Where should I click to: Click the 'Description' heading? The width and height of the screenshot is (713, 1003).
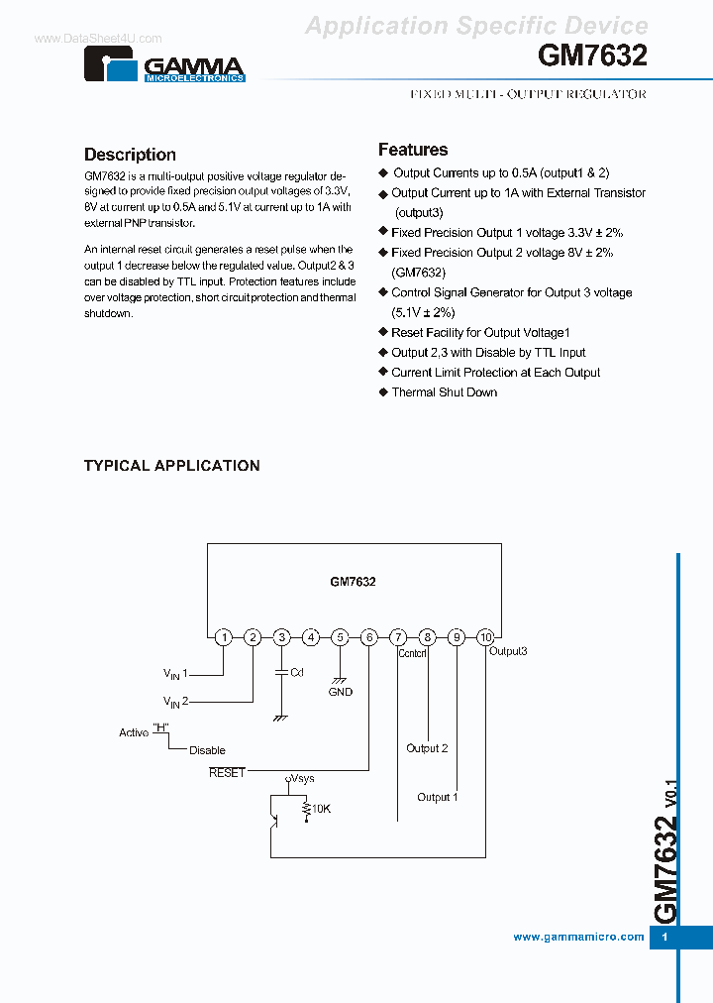(130, 155)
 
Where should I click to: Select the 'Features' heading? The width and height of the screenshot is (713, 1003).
(413, 150)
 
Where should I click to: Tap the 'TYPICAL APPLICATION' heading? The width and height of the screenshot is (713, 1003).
(171, 465)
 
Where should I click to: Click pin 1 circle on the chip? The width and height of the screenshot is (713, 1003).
(224, 637)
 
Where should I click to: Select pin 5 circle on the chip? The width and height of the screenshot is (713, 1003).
(340, 637)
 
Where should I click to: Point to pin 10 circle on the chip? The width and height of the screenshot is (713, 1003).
(485, 637)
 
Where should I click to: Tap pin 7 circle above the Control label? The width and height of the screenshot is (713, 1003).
(398, 637)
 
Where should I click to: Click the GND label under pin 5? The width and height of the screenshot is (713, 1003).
(341, 692)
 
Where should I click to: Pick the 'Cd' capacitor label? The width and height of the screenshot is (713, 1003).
(296, 673)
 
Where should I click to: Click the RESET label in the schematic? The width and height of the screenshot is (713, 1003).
(227, 772)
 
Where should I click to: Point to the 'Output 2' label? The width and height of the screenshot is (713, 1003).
(427, 748)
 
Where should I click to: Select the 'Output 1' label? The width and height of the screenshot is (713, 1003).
(437, 797)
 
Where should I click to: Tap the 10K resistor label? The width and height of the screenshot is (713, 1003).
(322, 809)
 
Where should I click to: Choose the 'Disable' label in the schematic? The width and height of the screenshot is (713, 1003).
(207, 750)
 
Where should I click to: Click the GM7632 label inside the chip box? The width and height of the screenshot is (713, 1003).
(353, 583)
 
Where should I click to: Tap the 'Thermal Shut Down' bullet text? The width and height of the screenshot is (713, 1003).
(444, 392)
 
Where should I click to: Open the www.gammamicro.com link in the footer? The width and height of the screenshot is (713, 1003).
(579, 937)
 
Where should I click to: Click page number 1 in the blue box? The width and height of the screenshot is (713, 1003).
(665, 937)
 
